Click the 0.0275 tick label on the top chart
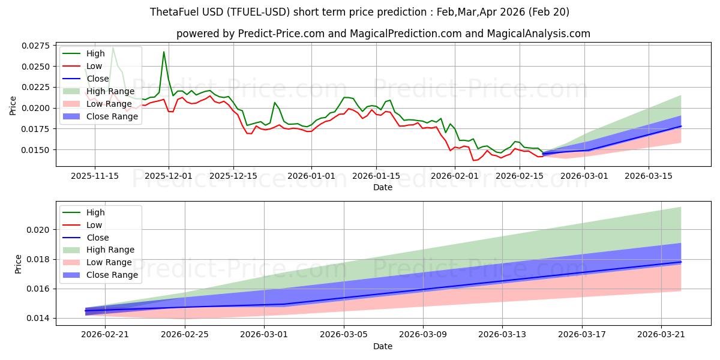tap(36, 46)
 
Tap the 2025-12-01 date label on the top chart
tap(169, 176)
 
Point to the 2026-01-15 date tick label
tap(376, 176)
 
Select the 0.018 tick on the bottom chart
tap(38, 259)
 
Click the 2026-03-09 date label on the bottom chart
tap(422, 335)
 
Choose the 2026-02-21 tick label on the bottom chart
tap(105, 335)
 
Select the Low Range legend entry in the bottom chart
tap(97, 262)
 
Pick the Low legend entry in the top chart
tap(82, 66)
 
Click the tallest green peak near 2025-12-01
tap(164, 52)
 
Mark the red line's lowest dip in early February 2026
tap(473, 160)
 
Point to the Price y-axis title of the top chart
tap(13, 106)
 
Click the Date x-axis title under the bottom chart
tap(383, 347)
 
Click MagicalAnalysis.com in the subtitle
tap(538, 34)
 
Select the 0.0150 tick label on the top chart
tap(36, 150)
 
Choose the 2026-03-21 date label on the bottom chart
tap(661, 335)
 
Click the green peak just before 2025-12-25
tap(275, 103)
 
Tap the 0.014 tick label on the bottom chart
tap(38, 318)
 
